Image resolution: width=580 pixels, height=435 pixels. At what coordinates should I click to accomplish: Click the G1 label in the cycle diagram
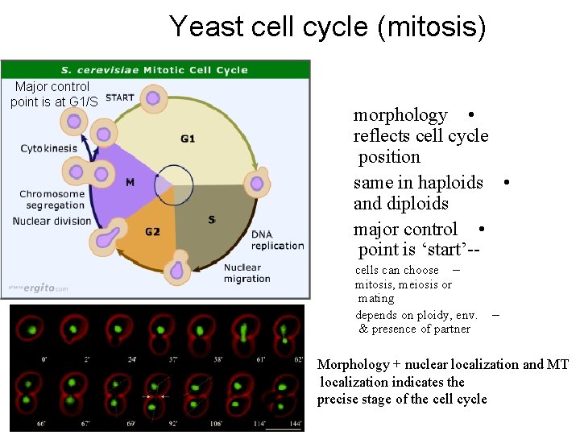188,139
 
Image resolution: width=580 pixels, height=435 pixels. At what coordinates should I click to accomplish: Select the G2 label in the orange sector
152,232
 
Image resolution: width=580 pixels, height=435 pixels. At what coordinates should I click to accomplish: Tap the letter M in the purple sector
130,182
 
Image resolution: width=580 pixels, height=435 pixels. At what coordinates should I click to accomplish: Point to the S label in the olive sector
211,219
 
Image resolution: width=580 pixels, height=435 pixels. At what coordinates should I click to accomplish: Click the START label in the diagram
120,98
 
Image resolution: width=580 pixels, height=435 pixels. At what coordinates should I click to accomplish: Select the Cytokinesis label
49,148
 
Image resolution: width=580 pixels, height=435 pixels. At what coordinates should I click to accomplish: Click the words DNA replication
277,240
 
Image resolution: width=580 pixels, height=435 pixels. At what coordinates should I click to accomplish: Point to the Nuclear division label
52,222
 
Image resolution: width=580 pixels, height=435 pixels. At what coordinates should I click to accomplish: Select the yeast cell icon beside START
152,99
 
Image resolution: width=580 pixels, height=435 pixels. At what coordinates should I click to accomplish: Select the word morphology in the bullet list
400,115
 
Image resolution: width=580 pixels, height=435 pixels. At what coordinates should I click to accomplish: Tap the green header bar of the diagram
155,69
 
